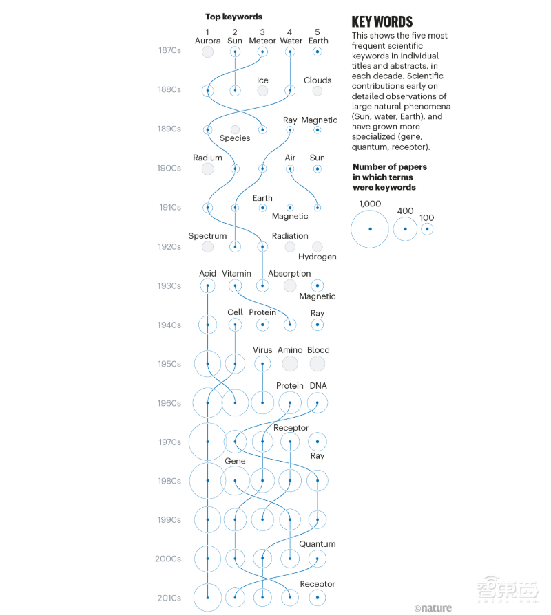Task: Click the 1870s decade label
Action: click(x=169, y=50)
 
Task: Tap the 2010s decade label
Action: click(x=169, y=598)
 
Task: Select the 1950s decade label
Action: click(x=169, y=364)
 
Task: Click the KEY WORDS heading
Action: click(x=382, y=21)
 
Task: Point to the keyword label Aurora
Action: click(x=207, y=41)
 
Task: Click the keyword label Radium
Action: click(x=207, y=158)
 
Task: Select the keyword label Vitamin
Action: click(x=236, y=273)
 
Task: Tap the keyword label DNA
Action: click(x=318, y=386)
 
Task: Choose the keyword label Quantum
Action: click(x=318, y=544)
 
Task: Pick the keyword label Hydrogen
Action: click(x=318, y=257)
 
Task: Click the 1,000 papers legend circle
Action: click(x=370, y=228)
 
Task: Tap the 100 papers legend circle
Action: click(x=427, y=229)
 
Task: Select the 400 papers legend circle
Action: click(x=406, y=229)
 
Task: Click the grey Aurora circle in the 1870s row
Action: click(x=207, y=52)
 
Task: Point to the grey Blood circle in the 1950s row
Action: click(x=318, y=364)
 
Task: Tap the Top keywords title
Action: click(x=233, y=17)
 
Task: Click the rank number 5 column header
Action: click(x=318, y=32)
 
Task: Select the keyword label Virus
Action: click(x=262, y=350)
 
